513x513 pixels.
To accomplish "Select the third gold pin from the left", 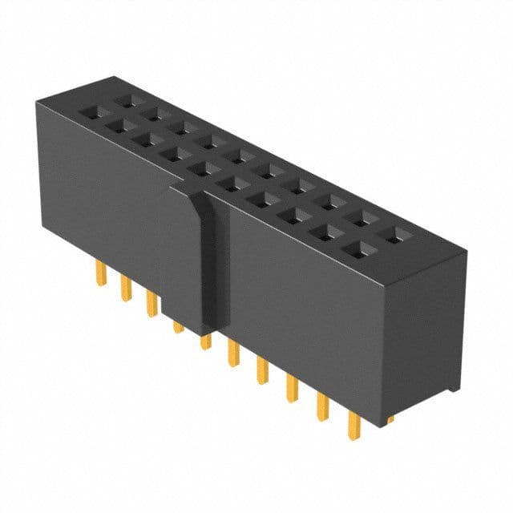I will point(150,304).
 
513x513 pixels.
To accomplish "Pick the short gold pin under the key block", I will point(177,326).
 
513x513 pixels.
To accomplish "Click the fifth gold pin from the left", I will point(205,341).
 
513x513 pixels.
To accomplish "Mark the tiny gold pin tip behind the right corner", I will point(390,419).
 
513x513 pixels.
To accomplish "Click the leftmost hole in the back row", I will point(126,103).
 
